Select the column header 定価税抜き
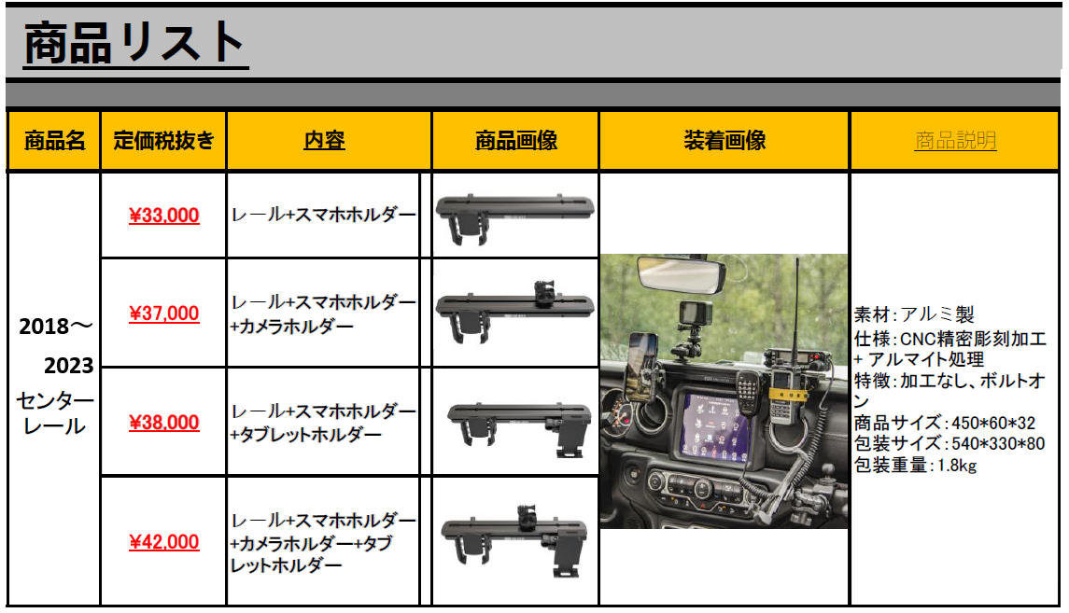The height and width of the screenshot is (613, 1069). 163,140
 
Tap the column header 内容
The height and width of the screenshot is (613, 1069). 325,140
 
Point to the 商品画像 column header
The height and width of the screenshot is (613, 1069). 516,140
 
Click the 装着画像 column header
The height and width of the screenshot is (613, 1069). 724,140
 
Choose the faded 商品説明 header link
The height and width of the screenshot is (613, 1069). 955,140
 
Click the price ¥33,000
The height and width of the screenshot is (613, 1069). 163,216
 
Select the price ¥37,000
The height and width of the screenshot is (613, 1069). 163,313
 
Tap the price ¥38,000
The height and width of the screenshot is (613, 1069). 163,423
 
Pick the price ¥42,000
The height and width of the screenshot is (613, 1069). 163,542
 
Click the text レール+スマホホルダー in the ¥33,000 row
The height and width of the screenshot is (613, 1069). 323,216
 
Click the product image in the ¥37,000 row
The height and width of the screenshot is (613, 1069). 514,312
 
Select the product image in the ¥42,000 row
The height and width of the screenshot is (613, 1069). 514,541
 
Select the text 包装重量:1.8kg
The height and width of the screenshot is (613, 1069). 915,466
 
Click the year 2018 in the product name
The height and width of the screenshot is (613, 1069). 44,327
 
